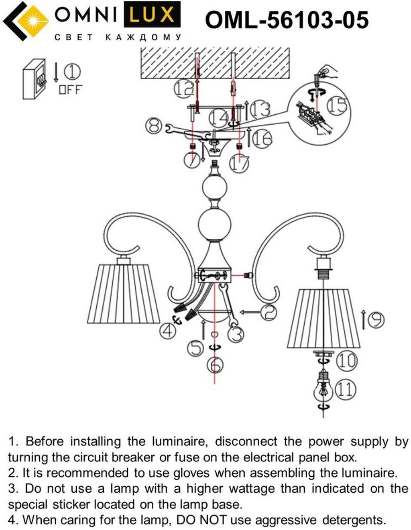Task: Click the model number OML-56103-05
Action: click(x=287, y=20)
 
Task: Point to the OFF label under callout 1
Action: click(x=70, y=89)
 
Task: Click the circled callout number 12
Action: click(x=183, y=89)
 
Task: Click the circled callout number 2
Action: click(x=269, y=312)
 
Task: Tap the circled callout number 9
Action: click(x=376, y=320)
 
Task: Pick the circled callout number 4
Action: click(x=169, y=330)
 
